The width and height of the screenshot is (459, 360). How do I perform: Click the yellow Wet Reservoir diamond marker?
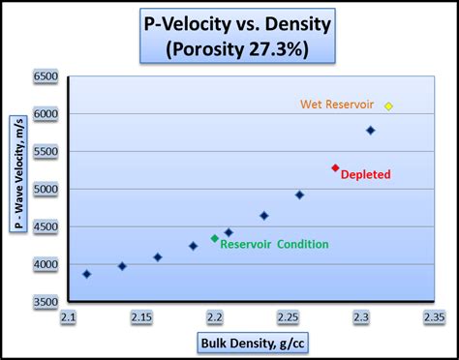pyautogui.click(x=388, y=105)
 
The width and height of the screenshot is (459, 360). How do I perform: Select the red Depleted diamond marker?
pyautogui.click(x=336, y=167)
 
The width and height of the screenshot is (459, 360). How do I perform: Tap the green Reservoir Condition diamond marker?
pyautogui.click(x=215, y=238)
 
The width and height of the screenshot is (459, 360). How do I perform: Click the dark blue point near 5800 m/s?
pyautogui.click(x=370, y=130)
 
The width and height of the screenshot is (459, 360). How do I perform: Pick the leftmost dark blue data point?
pyautogui.click(x=87, y=274)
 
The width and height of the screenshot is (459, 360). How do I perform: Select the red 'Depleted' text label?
pyautogui.click(x=365, y=175)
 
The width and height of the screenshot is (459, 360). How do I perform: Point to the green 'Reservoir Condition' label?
pyautogui.click(x=274, y=245)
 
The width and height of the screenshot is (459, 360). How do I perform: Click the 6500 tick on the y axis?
pyautogui.click(x=46, y=75)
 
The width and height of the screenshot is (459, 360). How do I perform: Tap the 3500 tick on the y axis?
pyautogui.click(x=46, y=303)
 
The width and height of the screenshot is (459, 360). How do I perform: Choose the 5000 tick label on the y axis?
pyautogui.click(x=46, y=190)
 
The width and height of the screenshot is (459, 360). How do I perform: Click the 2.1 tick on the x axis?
pyautogui.click(x=68, y=317)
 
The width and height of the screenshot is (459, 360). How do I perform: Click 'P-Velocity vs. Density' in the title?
pyautogui.click(x=229, y=23)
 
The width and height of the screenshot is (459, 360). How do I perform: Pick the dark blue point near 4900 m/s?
pyautogui.click(x=299, y=195)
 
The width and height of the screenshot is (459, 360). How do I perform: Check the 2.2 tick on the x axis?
pyautogui.click(x=214, y=317)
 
